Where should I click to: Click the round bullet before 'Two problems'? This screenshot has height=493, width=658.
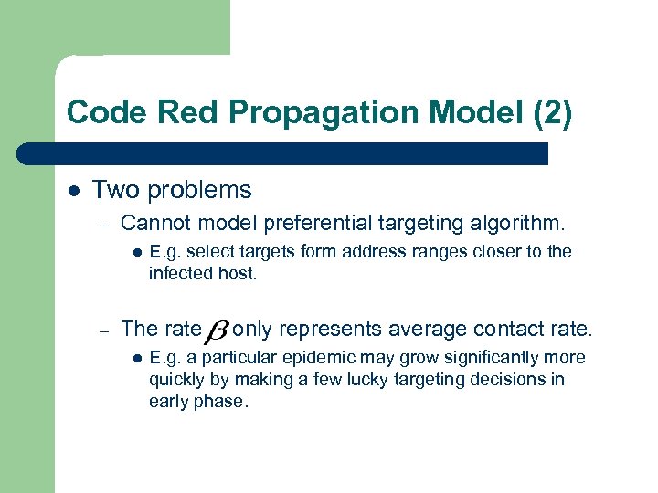[73, 191]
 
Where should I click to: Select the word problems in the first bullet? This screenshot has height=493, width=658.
[199, 190]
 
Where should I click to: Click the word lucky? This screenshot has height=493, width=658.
[348, 379]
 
